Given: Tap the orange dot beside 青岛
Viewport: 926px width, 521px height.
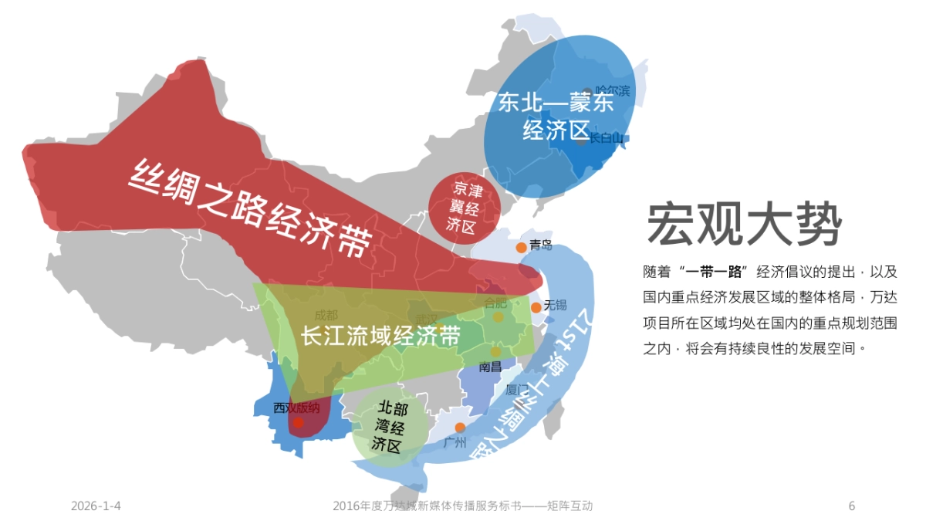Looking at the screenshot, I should [522, 247].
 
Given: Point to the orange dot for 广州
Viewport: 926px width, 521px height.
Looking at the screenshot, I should [460, 428].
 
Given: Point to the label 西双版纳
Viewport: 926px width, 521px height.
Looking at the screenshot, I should [296, 407].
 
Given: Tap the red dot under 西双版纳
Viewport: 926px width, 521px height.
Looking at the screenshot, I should [298, 423].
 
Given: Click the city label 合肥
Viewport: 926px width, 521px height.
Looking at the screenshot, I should [495, 303].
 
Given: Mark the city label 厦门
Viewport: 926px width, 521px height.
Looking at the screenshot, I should [516, 390].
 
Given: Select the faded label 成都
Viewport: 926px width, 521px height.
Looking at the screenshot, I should [326, 315].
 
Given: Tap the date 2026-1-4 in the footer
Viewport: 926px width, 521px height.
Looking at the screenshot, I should [96, 506].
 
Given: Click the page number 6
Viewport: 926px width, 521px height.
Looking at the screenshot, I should [852, 506].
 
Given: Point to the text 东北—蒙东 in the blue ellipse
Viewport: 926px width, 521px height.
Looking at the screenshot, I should [556, 103].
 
